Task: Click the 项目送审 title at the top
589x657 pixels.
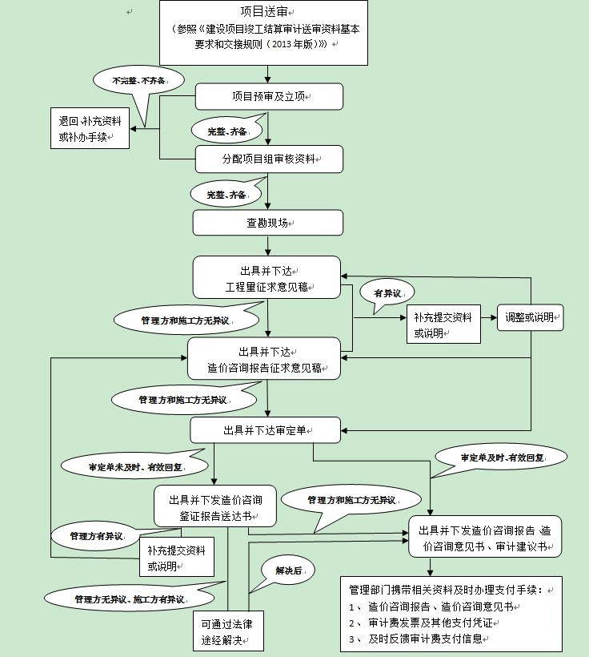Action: [x=265, y=11]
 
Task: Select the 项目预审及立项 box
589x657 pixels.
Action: [x=270, y=96]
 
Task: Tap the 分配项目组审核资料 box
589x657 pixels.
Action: [x=270, y=159]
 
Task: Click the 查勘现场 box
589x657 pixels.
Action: [x=267, y=222]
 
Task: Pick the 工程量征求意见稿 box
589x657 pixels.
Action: [x=266, y=277]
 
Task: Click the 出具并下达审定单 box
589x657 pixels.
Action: [x=265, y=429]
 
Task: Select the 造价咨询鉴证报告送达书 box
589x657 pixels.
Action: [x=215, y=508]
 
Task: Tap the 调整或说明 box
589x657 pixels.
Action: [x=531, y=316]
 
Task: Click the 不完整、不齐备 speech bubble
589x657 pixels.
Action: [x=138, y=81]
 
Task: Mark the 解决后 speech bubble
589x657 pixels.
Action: [x=288, y=570]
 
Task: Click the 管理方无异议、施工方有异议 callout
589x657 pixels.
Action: [x=129, y=599]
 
